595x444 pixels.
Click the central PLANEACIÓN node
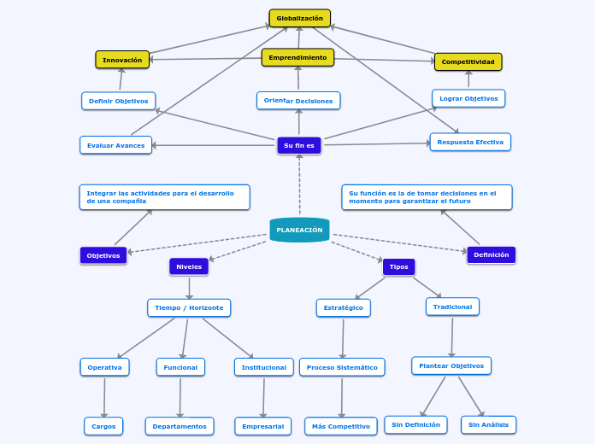(299, 230)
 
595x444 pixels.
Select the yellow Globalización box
(299, 18)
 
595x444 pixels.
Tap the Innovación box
(122, 60)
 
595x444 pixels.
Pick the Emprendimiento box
(297, 57)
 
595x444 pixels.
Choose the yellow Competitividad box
(468, 61)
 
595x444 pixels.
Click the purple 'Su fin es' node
(299, 145)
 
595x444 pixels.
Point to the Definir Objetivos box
(119, 101)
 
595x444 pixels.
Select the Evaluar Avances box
(116, 145)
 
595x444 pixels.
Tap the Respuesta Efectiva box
(470, 142)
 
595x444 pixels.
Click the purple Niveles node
(189, 266)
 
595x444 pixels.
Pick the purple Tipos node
(398, 266)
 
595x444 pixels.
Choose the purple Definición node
(491, 254)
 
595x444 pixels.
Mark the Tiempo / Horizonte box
(189, 307)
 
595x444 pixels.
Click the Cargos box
(103, 426)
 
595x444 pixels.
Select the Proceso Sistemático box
(342, 367)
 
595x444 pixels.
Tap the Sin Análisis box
(488, 424)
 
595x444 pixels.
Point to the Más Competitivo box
(341, 426)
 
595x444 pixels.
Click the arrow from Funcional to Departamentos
(180, 396)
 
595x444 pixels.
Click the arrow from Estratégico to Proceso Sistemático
(343, 337)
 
